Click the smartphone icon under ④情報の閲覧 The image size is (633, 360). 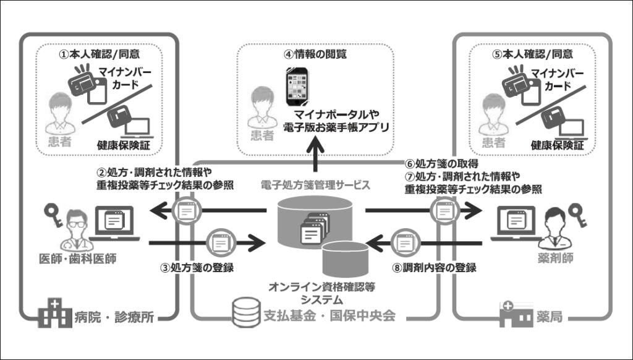[297, 87]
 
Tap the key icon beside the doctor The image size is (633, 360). [54, 215]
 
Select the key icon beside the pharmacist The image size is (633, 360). [578, 215]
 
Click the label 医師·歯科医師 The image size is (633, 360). [77, 259]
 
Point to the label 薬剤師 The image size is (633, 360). [556, 258]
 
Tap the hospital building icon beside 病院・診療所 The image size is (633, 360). [55, 313]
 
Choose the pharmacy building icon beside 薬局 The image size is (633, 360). [516, 314]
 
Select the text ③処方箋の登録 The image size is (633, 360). [197, 267]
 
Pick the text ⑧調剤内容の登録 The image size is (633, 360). [434, 267]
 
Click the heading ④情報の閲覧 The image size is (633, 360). [315, 54]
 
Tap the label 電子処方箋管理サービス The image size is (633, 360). [315, 186]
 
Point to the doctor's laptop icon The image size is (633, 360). [114, 223]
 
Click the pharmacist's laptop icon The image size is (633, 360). [516, 223]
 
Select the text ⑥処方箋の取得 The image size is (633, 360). [441, 164]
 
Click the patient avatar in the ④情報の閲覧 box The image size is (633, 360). [262, 108]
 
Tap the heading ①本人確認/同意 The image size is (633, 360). [100, 54]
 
